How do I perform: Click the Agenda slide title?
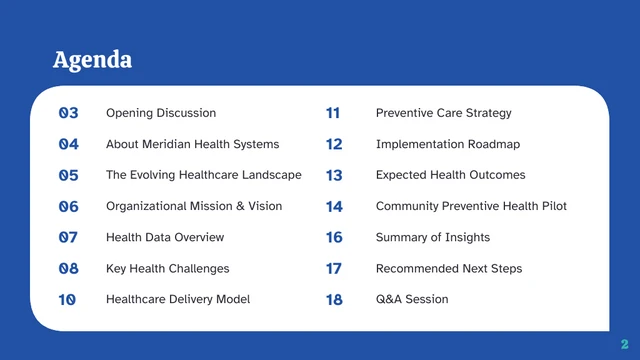click(x=92, y=60)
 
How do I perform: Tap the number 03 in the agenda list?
click(x=68, y=113)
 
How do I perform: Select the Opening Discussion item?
click(x=160, y=113)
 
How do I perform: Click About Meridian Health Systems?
click(x=192, y=144)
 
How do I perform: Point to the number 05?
click(x=68, y=175)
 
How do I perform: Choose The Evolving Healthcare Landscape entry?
click(x=203, y=175)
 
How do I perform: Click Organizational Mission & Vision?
click(x=193, y=206)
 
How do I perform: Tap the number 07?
click(x=68, y=237)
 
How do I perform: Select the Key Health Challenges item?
click(x=167, y=268)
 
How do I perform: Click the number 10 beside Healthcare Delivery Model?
click(x=68, y=299)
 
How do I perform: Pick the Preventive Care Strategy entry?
click(x=443, y=113)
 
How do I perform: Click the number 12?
click(x=334, y=144)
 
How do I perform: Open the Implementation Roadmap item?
click(x=447, y=144)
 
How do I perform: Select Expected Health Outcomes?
click(x=450, y=175)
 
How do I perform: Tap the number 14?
click(x=334, y=206)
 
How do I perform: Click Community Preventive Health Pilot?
click(x=471, y=206)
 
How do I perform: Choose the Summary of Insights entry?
click(x=432, y=237)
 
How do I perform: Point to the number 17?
click(x=334, y=268)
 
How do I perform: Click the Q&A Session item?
click(x=412, y=299)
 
